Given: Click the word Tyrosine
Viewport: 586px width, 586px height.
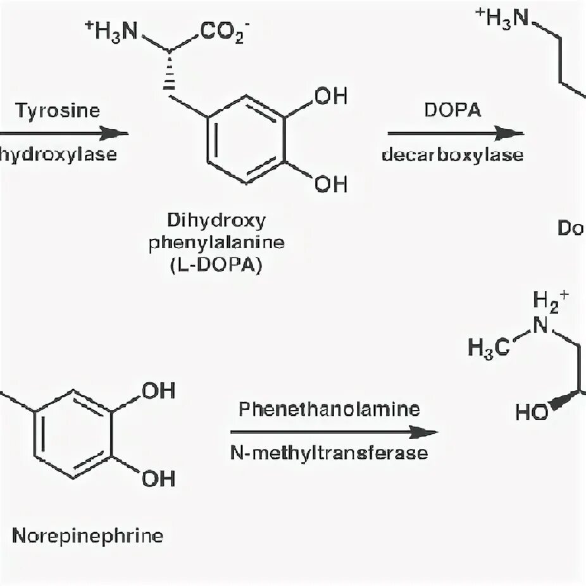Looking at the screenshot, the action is pyautogui.click(x=58, y=110).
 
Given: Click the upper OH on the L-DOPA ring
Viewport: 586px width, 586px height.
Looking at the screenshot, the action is pyautogui.click(x=331, y=96).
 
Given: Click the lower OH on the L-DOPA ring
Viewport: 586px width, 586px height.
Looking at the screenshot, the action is pyautogui.click(x=331, y=184).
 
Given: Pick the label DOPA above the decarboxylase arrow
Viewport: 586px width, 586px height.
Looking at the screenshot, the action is pyautogui.click(x=453, y=110).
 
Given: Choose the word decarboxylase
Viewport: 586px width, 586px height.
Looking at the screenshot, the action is pyautogui.click(x=452, y=155).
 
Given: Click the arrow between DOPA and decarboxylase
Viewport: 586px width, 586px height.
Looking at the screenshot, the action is pyautogui.click(x=455, y=133).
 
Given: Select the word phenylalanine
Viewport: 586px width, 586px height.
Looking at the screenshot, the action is pyautogui.click(x=216, y=243).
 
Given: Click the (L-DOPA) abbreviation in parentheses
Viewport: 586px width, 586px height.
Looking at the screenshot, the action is pyautogui.click(x=216, y=266).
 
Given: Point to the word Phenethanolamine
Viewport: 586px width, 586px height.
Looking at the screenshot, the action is pyautogui.click(x=329, y=409).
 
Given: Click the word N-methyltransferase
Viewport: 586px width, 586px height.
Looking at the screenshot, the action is pyautogui.click(x=329, y=454).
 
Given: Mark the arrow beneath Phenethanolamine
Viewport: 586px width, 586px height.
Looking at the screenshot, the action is pyautogui.click(x=334, y=432).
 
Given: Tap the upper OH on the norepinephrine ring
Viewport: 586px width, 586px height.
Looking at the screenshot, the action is pyautogui.click(x=158, y=391).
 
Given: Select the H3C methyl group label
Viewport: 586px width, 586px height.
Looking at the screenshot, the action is pyautogui.click(x=488, y=347).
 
